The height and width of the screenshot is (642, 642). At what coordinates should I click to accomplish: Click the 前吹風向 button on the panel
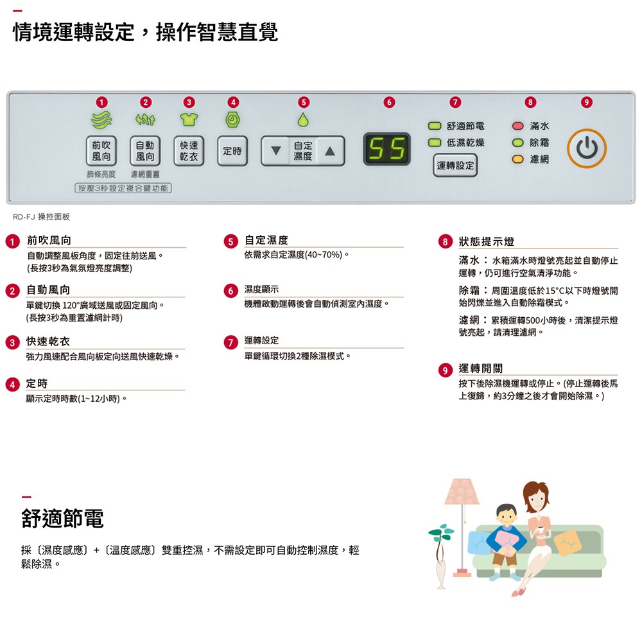[x=101, y=151]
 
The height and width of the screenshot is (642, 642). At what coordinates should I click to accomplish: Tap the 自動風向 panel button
[x=145, y=151]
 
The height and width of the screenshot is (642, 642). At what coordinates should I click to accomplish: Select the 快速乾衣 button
[x=189, y=151]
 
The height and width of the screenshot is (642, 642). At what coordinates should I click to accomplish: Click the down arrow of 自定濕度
[x=276, y=151]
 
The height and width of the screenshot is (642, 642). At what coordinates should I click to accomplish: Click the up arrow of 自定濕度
[x=330, y=151]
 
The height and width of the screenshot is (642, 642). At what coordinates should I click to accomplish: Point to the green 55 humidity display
[x=387, y=149]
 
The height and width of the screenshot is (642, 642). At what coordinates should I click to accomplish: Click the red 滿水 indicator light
[x=518, y=126]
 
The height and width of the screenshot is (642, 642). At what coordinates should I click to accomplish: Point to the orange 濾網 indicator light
[x=518, y=159]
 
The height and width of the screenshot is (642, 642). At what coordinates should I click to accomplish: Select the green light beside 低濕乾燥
[x=434, y=143]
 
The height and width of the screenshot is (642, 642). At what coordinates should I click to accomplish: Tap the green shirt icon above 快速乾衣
[x=189, y=119]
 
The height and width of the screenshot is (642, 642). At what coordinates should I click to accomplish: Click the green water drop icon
[x=303, y=119]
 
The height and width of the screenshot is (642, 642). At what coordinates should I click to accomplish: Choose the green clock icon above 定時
[x=232, y=119]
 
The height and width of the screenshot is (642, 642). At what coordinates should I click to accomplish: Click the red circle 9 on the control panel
[x=586, y=102]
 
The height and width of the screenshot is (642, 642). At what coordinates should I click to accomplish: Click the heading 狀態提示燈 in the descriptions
[x=487, y=241]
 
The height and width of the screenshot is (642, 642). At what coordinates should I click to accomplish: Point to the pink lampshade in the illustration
[x=462, y=491]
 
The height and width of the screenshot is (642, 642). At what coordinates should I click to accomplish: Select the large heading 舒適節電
[x=62, y=518]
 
